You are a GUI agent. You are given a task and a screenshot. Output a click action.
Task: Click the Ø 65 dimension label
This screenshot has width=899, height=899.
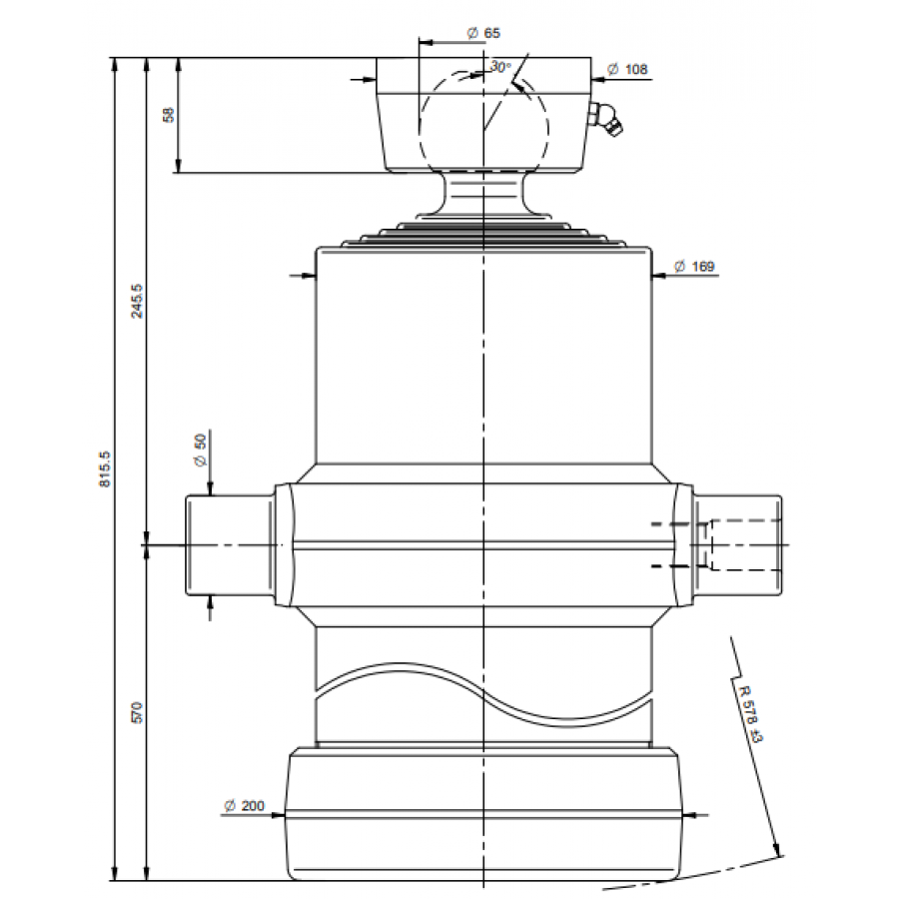pos(483,33)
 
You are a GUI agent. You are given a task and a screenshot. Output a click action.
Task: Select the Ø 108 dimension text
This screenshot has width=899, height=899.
pos(627,69)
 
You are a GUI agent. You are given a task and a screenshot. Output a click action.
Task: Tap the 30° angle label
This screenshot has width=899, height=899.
pos(500,67)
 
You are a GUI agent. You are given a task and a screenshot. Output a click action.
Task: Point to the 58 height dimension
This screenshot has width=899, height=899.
pos(169,115)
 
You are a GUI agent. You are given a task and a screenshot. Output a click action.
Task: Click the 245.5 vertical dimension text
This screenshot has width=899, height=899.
pos(137,301)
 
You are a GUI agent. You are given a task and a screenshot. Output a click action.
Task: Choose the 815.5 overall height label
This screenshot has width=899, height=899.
pos(105,469)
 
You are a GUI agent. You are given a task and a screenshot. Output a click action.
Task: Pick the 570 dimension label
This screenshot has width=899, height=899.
pos(137,712)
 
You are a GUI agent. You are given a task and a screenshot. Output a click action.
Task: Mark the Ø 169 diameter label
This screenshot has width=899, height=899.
pos(694,267)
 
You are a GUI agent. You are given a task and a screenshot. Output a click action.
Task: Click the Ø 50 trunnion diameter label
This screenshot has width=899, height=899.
pos(200,450)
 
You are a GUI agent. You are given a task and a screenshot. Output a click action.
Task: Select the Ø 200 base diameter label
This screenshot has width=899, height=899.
pos(245,805)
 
